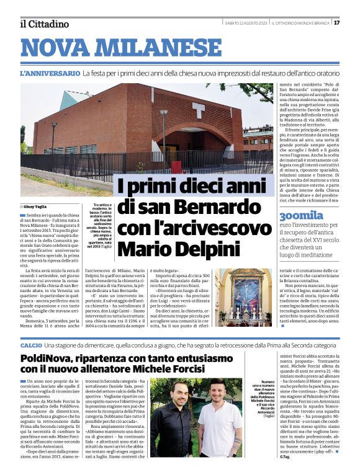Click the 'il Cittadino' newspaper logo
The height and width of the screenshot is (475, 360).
point(45,24)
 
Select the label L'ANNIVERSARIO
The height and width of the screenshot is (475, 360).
point(50,73)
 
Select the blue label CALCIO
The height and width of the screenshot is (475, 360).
point(31,345)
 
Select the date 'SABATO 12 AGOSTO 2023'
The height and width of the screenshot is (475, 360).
point(246,23)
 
